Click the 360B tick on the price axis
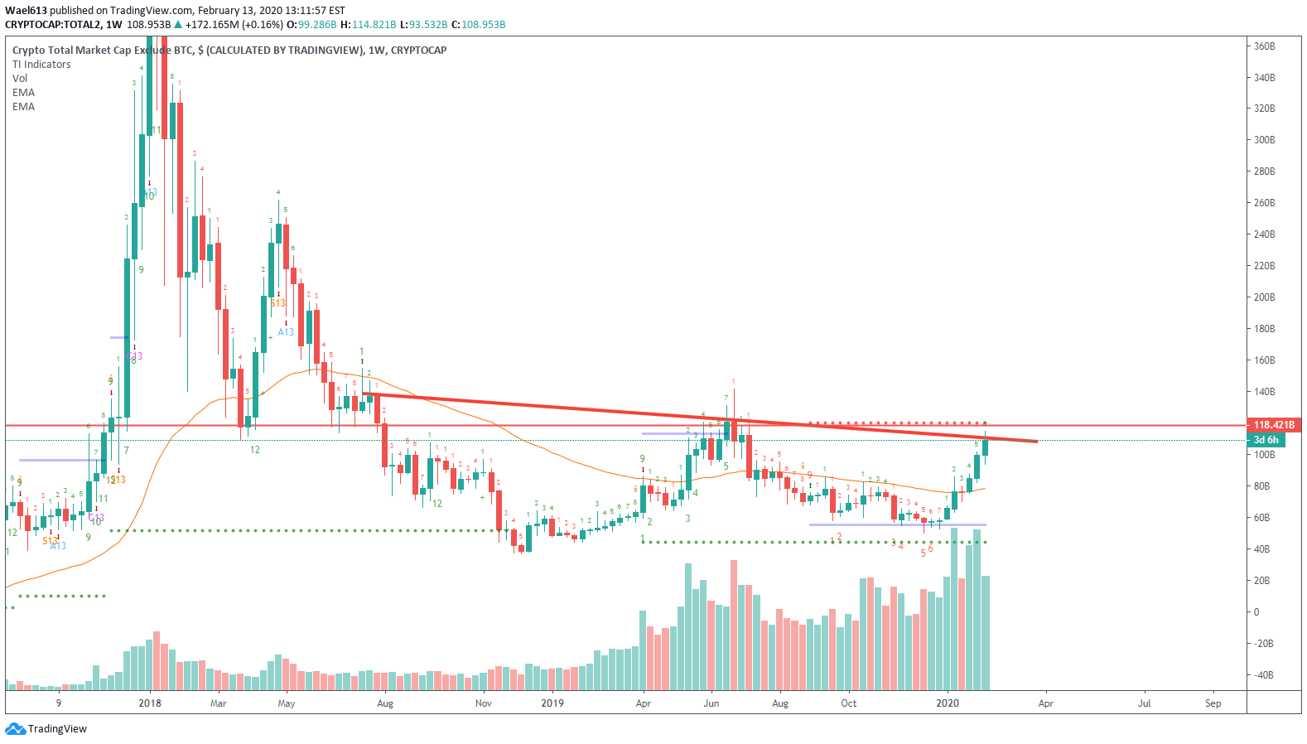coord(1264,46)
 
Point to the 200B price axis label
coord(1264,297)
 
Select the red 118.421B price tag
coord(1273,425)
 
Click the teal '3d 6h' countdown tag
coord(1266,440)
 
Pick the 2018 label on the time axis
coord(150,703)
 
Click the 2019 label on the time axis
coord(552,703)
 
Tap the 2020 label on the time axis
coord(948,703)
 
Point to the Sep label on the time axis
coord(1213,703)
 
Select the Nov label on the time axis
coord(484,703)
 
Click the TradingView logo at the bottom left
coord(46,729)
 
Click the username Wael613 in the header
coord(26,11)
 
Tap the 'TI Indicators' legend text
coord(41,65)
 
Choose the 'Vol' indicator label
coord(20,79)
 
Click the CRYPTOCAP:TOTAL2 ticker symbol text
coord(51,25)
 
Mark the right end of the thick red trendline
coord(1036,441)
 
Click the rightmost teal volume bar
coord(985,633)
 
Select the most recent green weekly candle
coord(985,447)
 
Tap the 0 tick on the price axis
coord(1256,612)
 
